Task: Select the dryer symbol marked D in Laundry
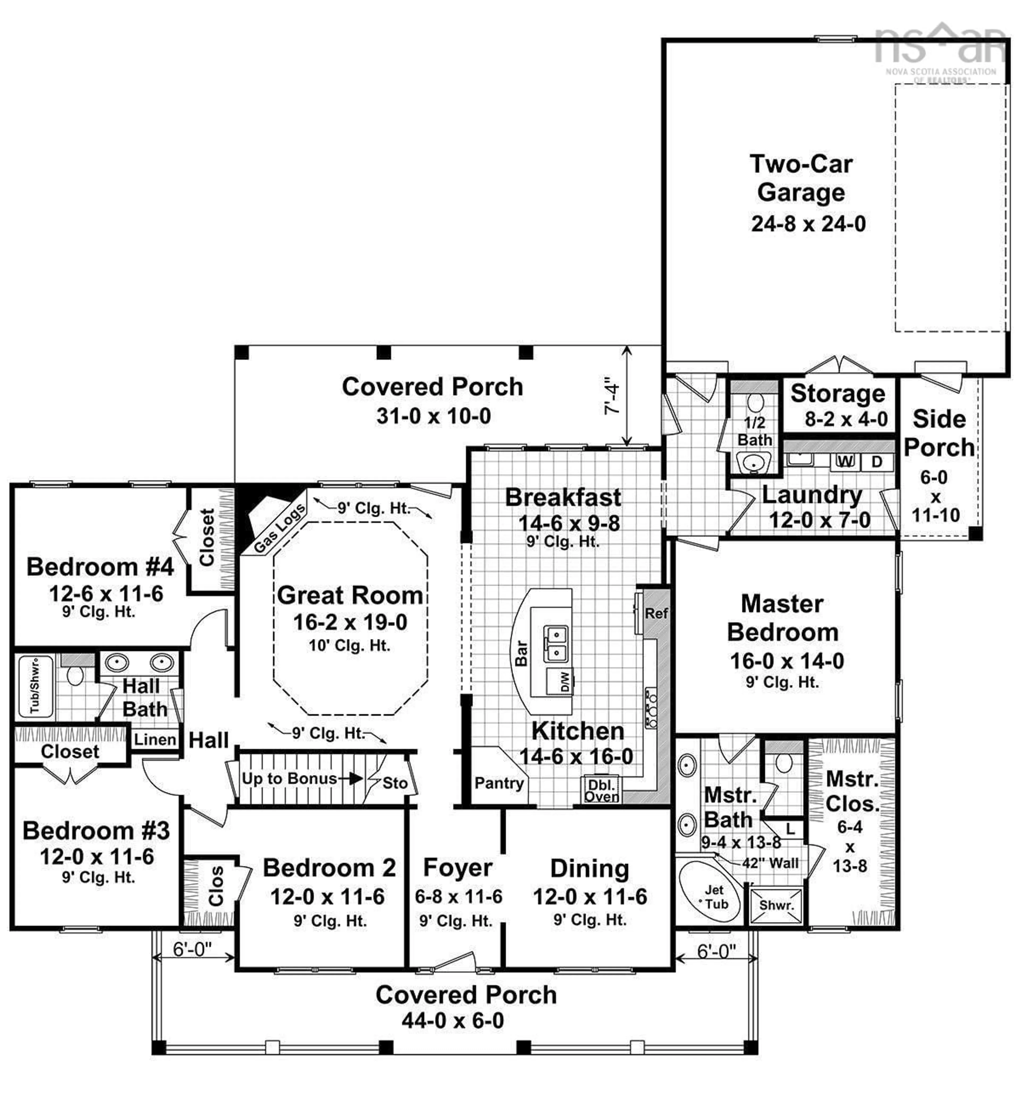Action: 877,461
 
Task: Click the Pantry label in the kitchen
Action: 499,783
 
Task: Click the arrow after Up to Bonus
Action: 352,779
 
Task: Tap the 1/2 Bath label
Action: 754,431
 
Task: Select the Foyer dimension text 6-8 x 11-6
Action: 458,897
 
